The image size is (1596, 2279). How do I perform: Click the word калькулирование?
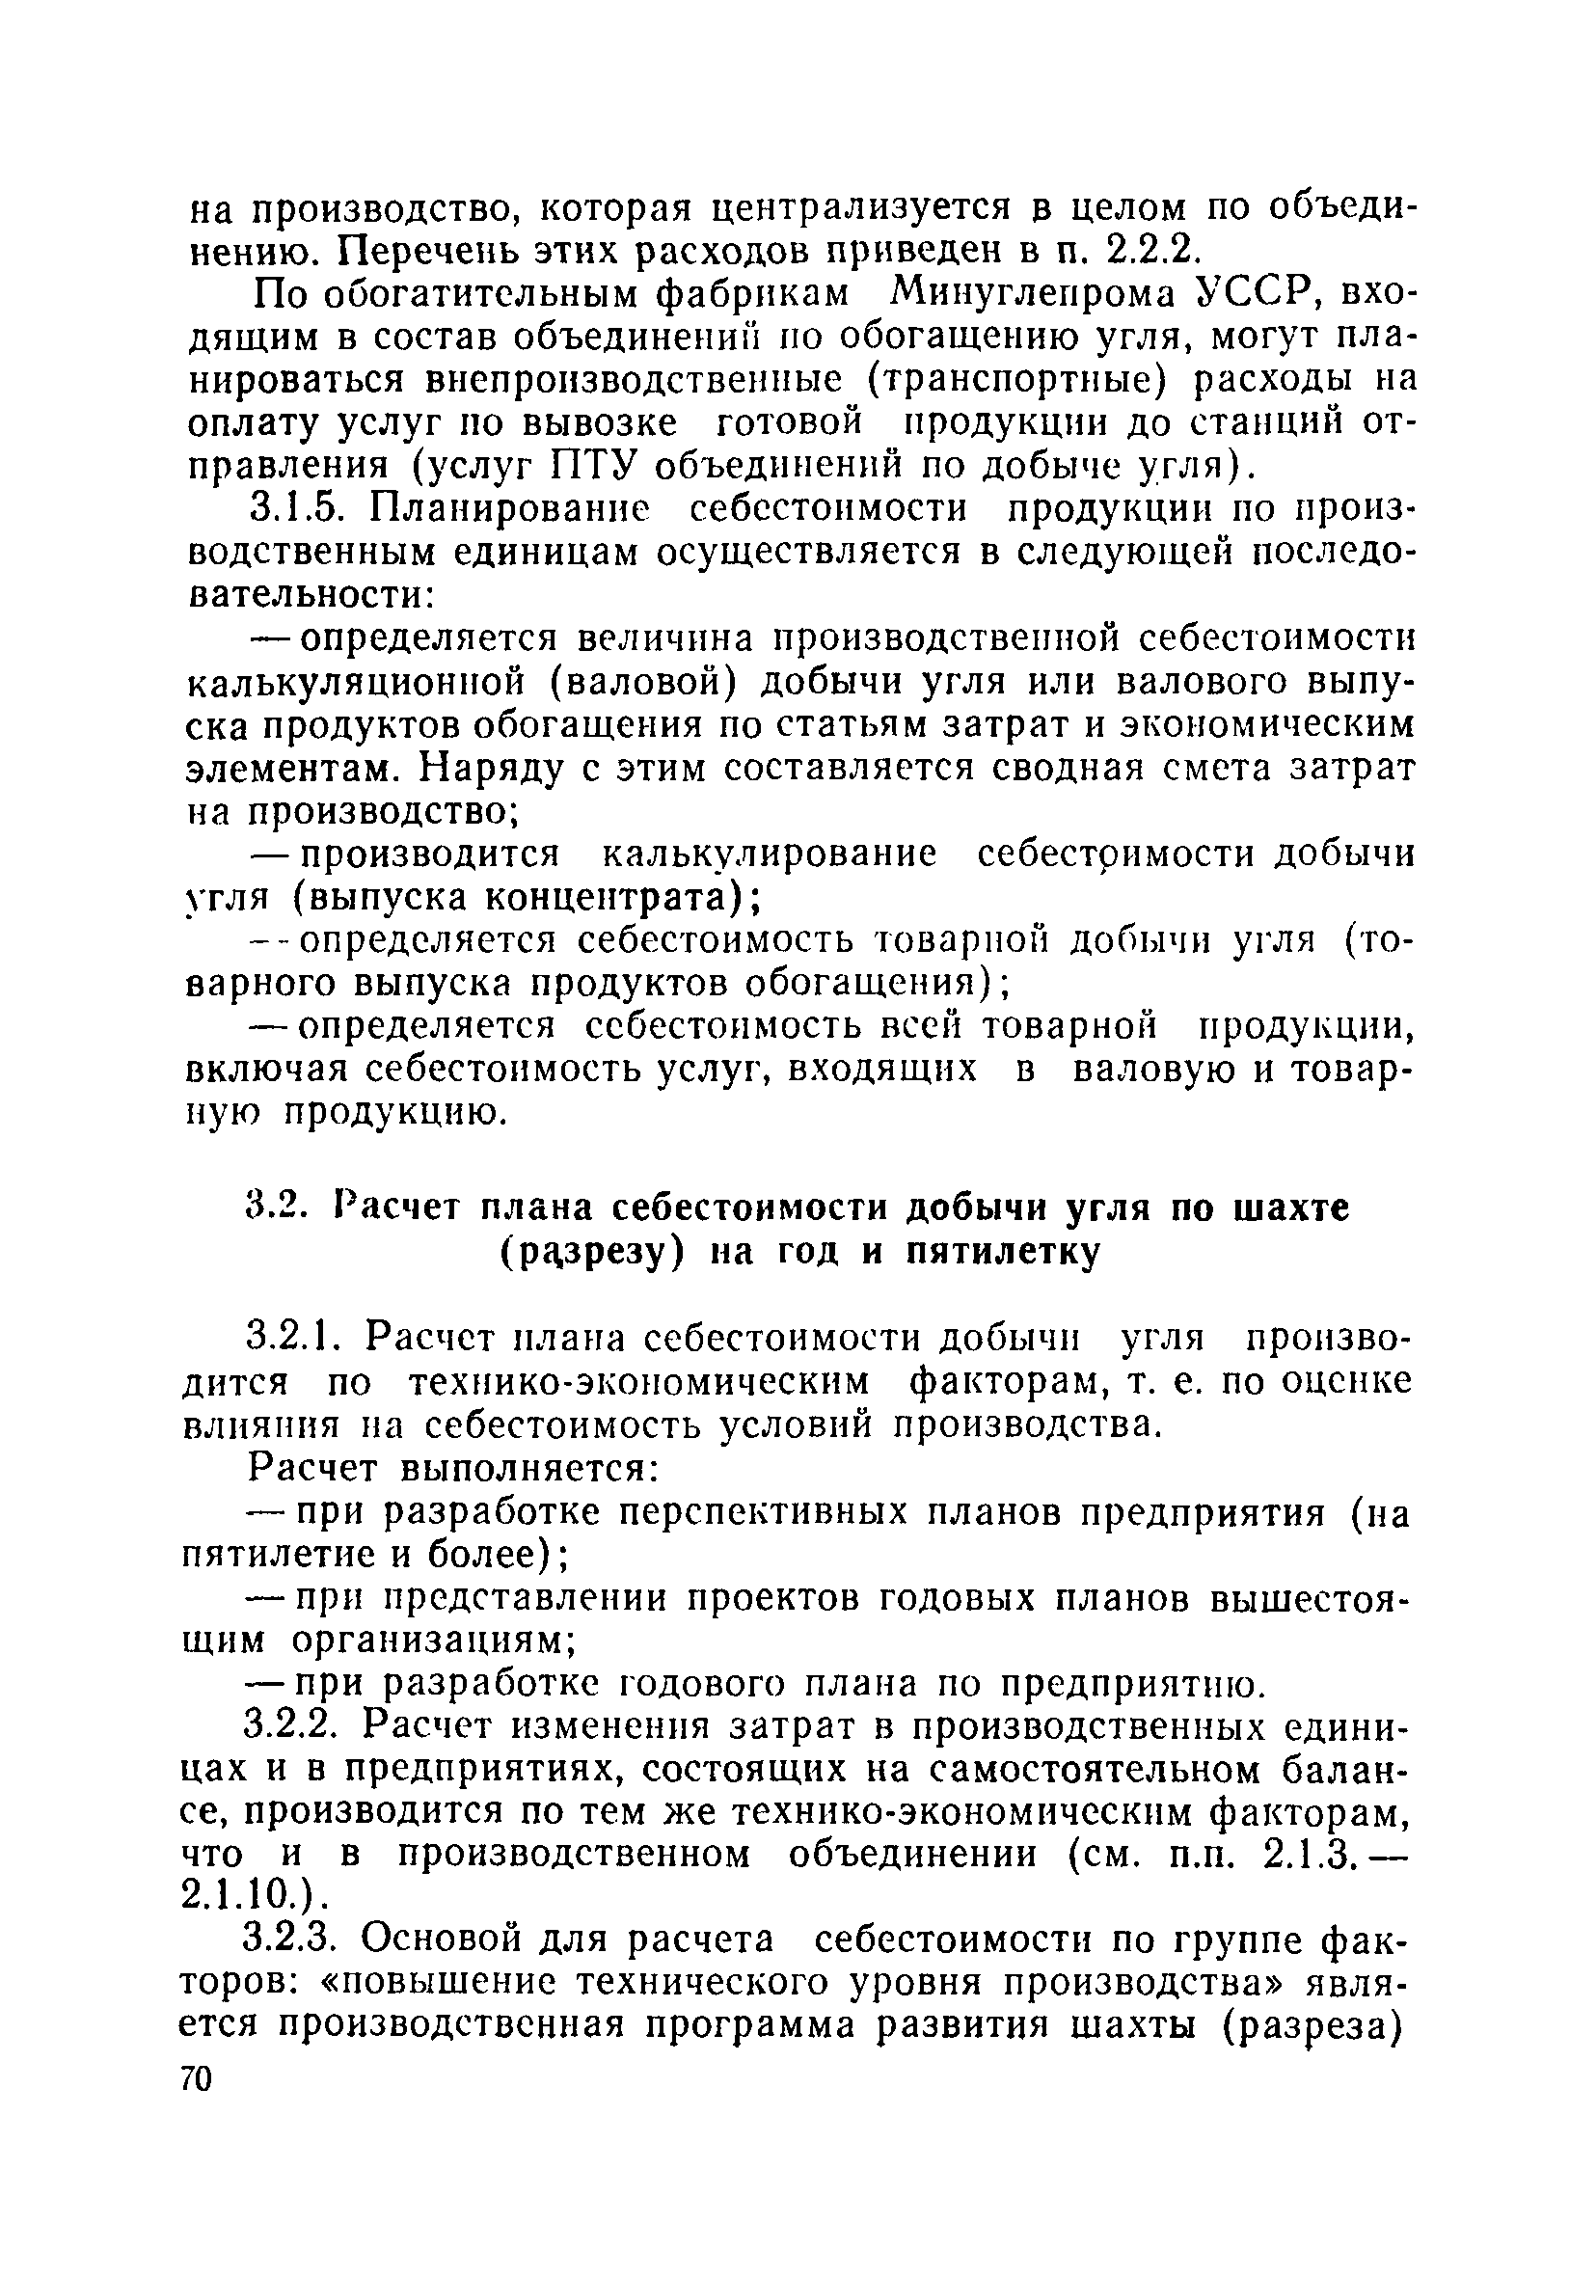pyautogui.click(x=770, y=855)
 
